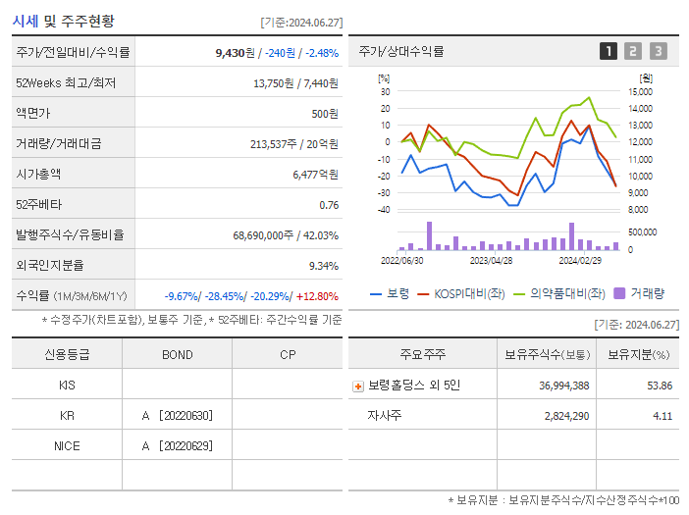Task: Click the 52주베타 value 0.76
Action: click(329, 205)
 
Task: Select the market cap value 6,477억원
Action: click(315, 175)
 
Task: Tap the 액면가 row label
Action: click(38, 114)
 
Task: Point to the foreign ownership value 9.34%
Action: click(323, 266)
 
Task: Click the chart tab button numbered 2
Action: click(633, 51)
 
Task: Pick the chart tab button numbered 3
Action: click(658, 51)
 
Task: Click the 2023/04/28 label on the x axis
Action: click(492, 261)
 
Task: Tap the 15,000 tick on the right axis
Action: click(641, 91)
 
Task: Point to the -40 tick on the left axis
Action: click(384, 209)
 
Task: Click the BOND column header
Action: click(178, 355)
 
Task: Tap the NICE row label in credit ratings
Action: click(67, 446)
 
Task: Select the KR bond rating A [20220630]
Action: click(177, 416)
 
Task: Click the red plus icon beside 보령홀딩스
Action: click(358, 386)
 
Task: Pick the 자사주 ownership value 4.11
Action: click(662, 416)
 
